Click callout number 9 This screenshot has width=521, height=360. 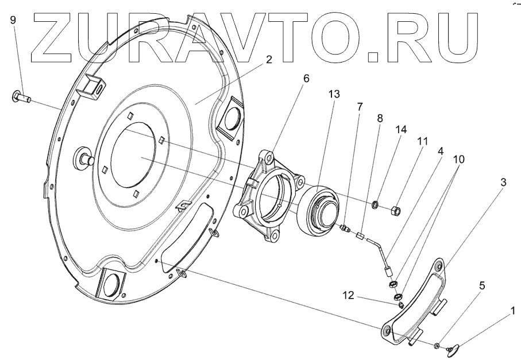13,20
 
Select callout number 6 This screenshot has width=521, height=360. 306,78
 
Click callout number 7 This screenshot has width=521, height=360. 360,106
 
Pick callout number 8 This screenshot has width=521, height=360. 380,118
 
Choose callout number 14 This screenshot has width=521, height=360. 400,130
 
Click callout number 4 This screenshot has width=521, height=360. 440,152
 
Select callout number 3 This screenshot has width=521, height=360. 503,183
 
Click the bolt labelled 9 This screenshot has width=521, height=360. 21,97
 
